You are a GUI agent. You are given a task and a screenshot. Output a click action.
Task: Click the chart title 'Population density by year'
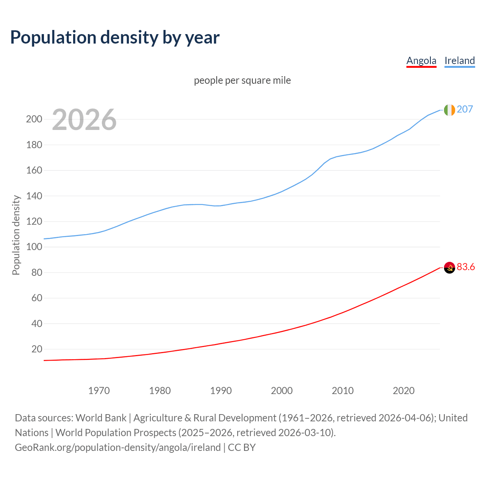pyautogui.click(x=115, y=38)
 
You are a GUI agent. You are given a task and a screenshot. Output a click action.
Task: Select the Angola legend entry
pyautogui.click(x=421, y=61)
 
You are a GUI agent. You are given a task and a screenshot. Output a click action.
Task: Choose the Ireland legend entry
pyautogui.click(x=460, y=61)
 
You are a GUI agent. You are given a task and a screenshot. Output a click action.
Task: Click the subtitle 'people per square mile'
pyautogui.click(x=242, y=81)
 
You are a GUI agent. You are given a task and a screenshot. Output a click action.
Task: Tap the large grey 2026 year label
pyautogui.click(x=84, y=120)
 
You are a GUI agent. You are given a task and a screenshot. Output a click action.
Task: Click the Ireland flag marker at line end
pyautogui.click(x=449, y=110)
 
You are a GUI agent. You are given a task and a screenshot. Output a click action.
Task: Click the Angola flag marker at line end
pyautogui.click(x=449, y=268)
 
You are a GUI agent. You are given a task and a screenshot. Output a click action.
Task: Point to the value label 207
pyautogui.click(x=465, y=110)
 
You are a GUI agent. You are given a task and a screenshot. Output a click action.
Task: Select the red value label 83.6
pyautogui.click(x=466, y=267)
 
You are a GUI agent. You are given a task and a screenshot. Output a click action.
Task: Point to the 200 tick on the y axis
pyautogui.click(x=34, y=119)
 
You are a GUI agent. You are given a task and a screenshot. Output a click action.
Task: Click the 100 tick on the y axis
pyautogui.click(x=34, y=247)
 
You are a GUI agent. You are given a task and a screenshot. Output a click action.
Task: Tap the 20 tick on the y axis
pyautogui.click(x=37, y=349)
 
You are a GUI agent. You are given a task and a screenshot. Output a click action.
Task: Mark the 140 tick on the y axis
pyautogui.click(x=34, y=196)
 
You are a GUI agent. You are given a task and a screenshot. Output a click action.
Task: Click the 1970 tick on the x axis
pyautogui.click(x=99, y=391)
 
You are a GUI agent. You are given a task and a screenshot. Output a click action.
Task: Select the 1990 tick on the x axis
pyautogui.click(x=221, y=391)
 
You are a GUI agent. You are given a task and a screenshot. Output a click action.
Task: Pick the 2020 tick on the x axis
pyautogui.click(x=404, y=391)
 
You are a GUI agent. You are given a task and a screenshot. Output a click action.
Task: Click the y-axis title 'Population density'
pyautogui.click(x=16, y=235)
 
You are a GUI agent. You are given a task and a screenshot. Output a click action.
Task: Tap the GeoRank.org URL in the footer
pyautogui.click(x=117, y=447)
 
